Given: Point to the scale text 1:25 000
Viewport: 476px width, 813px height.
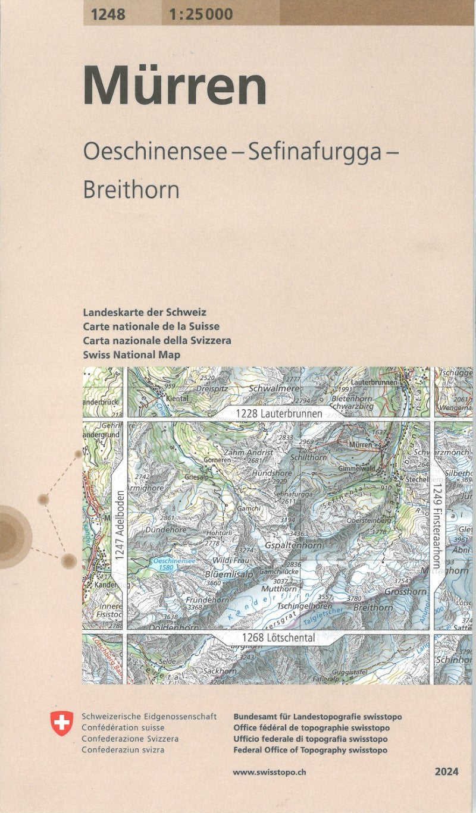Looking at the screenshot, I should click(201, 14).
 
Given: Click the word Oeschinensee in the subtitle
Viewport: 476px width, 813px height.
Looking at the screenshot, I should click(155, 152).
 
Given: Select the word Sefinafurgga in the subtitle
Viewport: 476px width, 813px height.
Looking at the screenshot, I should click(314, 152).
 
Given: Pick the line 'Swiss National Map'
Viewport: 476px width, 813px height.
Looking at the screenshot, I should click(132, 355).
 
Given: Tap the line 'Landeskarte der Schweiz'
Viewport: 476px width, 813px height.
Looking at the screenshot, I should click(145, 312).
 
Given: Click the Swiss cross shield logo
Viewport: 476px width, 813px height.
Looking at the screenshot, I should click(62, 723).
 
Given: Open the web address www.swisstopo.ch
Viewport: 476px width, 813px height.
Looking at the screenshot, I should click(270, 772).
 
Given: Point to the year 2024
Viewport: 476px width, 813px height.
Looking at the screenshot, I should click(446, 772).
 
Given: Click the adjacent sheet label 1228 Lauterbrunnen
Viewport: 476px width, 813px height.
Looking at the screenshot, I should click(278, 413).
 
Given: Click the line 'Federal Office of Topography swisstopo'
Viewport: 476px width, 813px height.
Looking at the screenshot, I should click(311, 750).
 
